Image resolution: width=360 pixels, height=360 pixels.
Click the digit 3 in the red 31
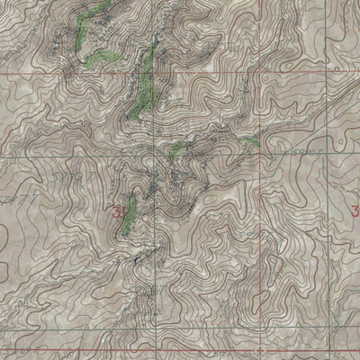pyautogui.click(x=119, y=212)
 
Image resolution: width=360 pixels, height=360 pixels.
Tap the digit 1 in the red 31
pyautogui.click(x=125, y=212)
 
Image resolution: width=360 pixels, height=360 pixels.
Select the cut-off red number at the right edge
pyautogui.click(x=355, y=211)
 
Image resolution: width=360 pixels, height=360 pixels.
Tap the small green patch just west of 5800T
pyautogui.click(x=249, y=142)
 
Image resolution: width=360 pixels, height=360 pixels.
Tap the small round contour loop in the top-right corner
pyautogui.click(x=335, y=67)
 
